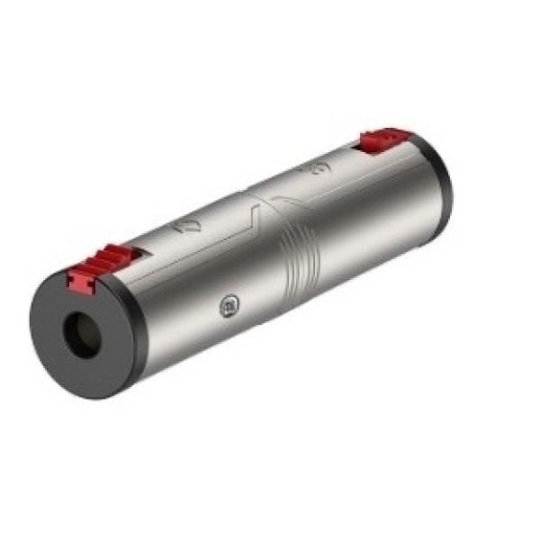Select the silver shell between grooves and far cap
pos(378,225)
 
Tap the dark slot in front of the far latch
pos(354,149)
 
